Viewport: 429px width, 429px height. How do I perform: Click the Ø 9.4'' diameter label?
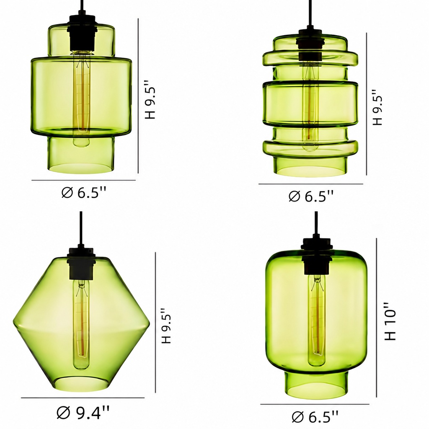click(83, 413)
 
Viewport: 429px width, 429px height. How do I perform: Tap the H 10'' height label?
click(390, 321)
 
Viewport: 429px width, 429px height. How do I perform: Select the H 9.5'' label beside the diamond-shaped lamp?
click(166, 326)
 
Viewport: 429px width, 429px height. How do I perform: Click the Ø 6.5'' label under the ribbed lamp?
click(311, 196)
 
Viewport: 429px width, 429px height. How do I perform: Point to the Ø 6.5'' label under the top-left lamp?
click(83, 192)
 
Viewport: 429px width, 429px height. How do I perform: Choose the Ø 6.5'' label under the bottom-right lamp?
click(315, 416)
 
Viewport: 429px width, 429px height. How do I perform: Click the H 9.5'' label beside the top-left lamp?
click(150, 100)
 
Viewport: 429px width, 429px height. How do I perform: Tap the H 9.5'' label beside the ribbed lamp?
click(377, 107)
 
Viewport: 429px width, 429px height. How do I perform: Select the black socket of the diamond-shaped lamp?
click(82, 263)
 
